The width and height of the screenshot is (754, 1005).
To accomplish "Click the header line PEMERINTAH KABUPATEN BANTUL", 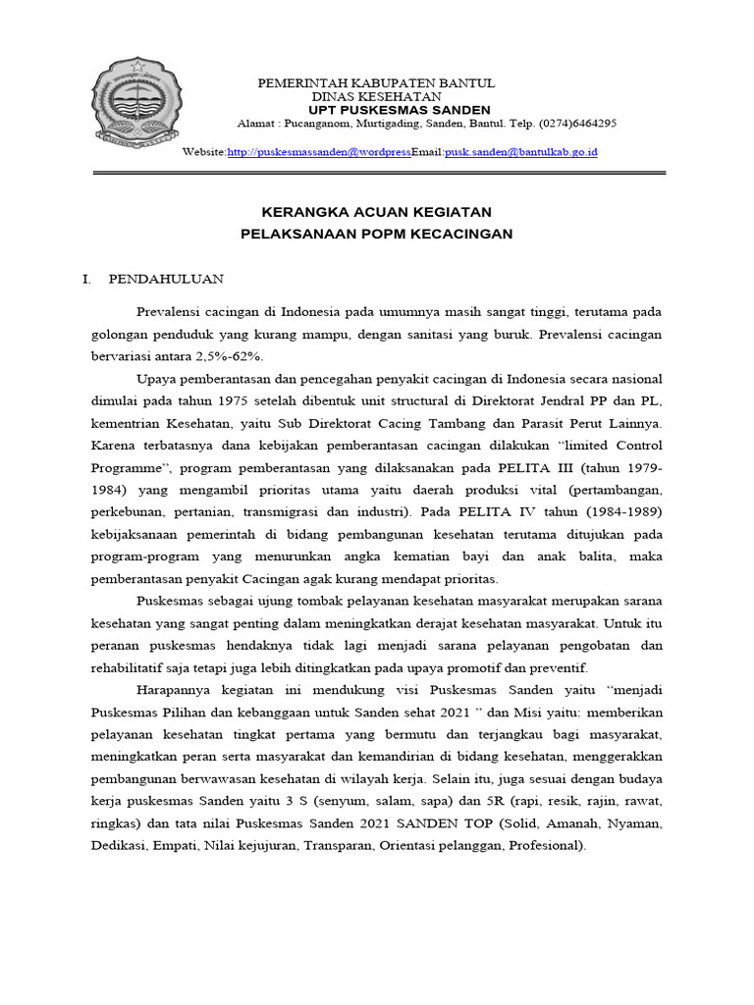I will tap(376, 83).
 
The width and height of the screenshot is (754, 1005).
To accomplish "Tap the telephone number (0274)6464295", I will tap(577, 124).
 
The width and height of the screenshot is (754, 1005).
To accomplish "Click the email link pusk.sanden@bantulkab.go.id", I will tap(521, 152).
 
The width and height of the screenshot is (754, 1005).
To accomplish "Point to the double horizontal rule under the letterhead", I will tap(379, 174).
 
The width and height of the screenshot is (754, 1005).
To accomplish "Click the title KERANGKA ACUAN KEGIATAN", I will tap(377, 212).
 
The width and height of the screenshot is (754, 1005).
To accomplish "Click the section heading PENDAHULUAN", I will tap(166, 279).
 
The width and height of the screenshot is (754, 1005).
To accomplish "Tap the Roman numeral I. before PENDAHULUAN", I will tap(87, 279).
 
